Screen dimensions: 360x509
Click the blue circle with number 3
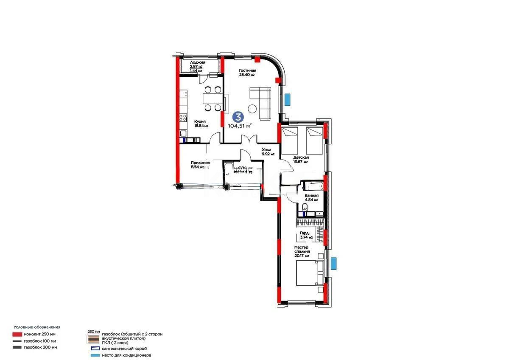(x=239, y=116)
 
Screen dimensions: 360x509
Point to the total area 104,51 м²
(x=240, y=125)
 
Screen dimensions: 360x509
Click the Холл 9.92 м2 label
(x=268, y=152)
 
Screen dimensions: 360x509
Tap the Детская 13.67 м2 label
(x=301, y=159)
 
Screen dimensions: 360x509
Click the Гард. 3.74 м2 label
(x=306, y=235)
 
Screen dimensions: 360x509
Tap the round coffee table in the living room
(x=253, y=108)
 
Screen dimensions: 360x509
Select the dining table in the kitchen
(x=211, y=98)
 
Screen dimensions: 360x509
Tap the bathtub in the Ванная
(x=312, y=186)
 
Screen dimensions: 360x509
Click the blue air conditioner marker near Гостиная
(x=287, y=100)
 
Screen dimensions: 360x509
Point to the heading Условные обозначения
(x=37, y=327)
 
